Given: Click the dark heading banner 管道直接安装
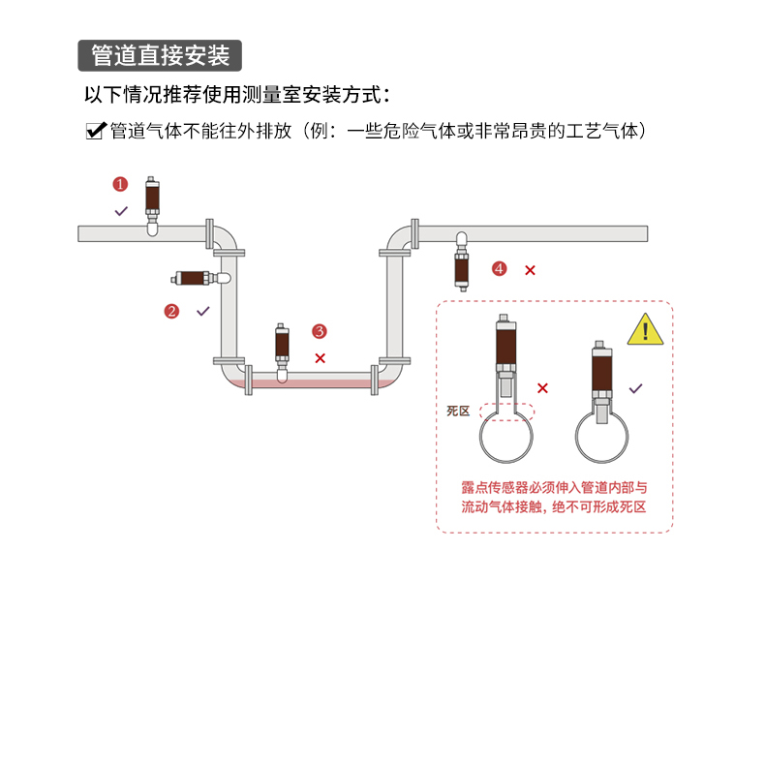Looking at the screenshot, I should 159,55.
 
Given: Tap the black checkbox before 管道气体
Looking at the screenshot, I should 95,131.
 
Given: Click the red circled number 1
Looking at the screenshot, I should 120,184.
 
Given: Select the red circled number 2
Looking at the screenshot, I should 171,311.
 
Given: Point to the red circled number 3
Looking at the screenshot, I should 320,331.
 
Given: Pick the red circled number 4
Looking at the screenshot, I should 499,268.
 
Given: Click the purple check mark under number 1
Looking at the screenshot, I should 121,210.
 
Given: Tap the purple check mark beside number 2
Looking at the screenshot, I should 203,311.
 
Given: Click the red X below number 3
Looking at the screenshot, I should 321,357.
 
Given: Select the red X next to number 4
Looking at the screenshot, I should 530,270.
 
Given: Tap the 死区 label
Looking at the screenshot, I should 457,411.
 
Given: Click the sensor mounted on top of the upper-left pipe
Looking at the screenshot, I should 152,201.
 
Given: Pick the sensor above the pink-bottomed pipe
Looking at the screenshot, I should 282,346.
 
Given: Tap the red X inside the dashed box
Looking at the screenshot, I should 542,388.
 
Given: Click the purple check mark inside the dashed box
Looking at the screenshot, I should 635,388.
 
